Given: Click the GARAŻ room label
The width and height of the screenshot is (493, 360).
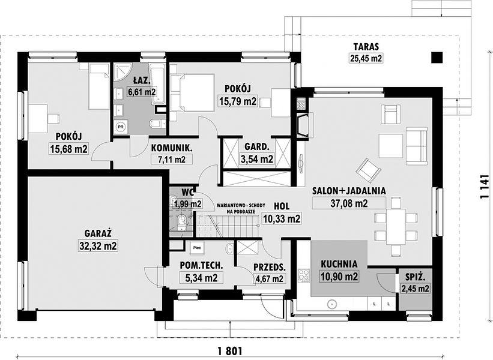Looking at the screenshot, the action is [98, 233].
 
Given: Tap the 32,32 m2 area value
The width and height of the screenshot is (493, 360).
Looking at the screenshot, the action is [98, 246].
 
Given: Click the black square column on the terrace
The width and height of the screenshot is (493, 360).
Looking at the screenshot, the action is [437, 57].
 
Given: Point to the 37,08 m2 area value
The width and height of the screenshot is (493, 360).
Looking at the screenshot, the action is [349, 203].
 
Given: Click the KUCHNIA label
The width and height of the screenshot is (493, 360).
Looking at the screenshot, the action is [339, 264].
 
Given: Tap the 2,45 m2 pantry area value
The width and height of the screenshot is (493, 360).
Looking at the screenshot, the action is [415, 288].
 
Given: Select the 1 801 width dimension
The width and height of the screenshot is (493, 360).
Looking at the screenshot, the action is [229, 350].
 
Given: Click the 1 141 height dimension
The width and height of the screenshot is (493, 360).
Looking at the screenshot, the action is [485, 186].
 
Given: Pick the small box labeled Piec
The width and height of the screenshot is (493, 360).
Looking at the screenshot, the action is [197, 248].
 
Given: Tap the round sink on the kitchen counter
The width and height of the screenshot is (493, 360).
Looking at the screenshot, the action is [332, 304].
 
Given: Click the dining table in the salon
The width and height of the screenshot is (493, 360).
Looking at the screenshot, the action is [396, 226].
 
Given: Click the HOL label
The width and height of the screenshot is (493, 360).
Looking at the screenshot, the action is [282, 206].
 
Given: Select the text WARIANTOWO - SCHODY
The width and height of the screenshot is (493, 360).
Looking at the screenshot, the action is [241, 205].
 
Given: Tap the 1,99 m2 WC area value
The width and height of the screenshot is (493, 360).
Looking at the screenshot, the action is [188, 204].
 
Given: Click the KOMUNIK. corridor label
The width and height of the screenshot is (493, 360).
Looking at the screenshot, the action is [171, 148].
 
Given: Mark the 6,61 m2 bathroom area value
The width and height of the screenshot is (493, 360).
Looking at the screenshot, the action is [142, 92].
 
